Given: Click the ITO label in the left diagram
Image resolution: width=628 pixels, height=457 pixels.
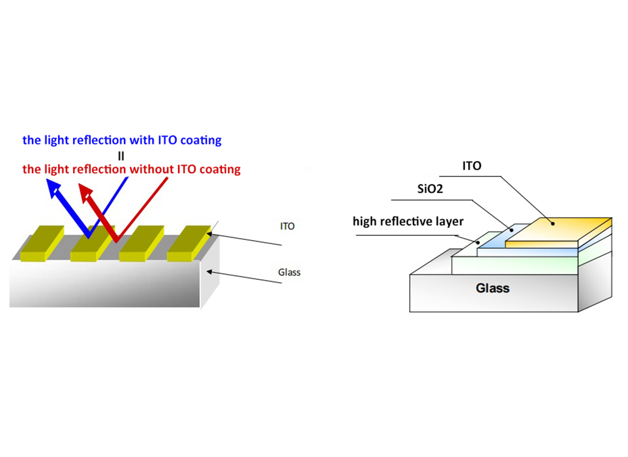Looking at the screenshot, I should (287, 226).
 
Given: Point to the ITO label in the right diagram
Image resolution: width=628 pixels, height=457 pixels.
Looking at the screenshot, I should (472, 166).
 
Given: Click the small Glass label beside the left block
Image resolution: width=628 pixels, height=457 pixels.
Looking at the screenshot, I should (289, 272).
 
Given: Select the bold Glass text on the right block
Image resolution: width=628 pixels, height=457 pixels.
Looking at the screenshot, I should (492, 288).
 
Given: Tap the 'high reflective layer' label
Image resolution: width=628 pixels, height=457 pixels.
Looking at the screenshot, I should (408, 221).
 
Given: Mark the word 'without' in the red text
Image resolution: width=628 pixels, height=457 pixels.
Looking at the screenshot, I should (150, 169).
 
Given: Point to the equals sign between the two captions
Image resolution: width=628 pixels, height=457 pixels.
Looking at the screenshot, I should (121, 155).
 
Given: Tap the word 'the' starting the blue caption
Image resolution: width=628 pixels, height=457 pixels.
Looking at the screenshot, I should (31, 140).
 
